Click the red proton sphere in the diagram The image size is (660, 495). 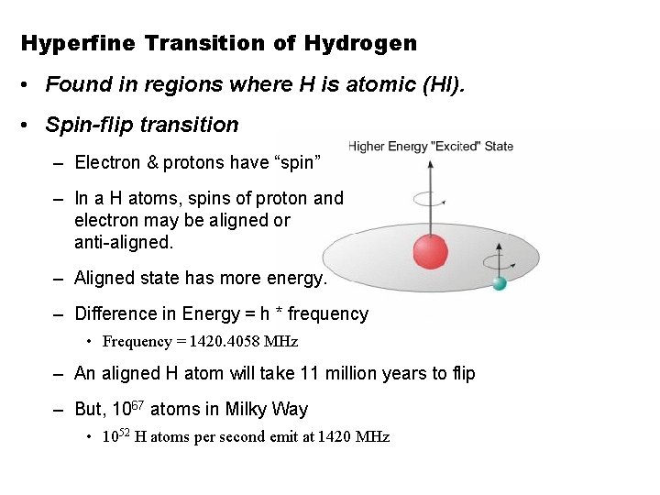pyautogui.click(x=430, y=251)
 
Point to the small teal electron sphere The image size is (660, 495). pyautogui.click(x=500, y=283)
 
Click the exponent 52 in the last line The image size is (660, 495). pyautogui.click(x=123, y=432)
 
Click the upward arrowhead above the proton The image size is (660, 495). pyautogui.click(x=430, y=163)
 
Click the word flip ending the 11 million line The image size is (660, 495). pyautogui.click(x=461, y=373)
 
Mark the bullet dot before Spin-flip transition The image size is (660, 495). pyautogui.click(x=29, y=126)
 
